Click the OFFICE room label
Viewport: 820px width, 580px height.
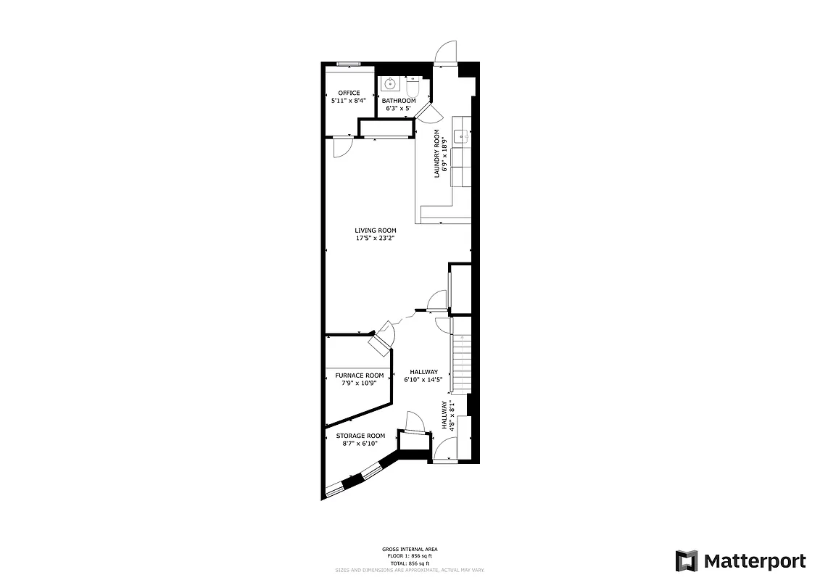(x=349, y=93)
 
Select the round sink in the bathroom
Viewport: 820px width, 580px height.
(x=389, y=83)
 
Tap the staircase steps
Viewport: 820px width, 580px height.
(x=461, y=362)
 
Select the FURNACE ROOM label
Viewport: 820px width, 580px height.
(x=359, y=376)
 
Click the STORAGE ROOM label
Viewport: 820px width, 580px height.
(x=360, y=436)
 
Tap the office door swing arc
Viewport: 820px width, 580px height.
(x=341, y=148)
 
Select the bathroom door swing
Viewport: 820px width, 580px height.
(x=428, y=112)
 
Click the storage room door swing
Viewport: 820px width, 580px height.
(x=414, y=421)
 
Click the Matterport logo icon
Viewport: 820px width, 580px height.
(x=687, y=561)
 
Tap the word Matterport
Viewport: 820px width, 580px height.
(x=755, y=561)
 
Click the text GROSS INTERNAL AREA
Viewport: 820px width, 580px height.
(x=410, y=549)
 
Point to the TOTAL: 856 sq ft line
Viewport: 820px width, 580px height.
(x=410, y=563)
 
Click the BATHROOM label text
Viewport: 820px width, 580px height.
(x=399, y=101)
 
